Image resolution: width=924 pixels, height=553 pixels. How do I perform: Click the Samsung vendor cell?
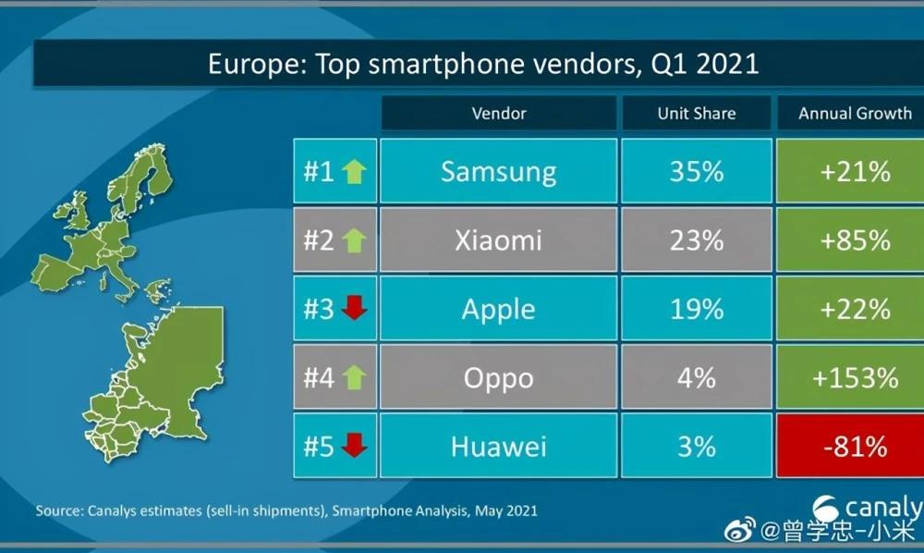(x=498, y=171)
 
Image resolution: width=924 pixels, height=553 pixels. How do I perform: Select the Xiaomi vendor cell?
(x=498, y=240)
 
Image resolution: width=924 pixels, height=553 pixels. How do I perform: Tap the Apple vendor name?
(x=498, y=309)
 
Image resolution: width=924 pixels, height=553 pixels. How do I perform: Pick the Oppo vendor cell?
(x=498, y=378)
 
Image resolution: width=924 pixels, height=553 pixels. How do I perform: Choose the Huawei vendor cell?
(x=498, y=447)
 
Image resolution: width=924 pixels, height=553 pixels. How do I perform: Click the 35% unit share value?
(x=696, y=171)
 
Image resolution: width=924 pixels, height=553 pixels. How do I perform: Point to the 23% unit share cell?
(x=696, y=240)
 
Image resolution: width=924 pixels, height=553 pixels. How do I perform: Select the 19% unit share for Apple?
(x=696, y=309)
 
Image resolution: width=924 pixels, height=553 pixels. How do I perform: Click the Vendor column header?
(x=498, y=114)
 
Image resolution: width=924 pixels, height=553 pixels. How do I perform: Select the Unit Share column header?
(x=696, y=114)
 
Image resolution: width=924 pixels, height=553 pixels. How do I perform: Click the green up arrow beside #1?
(x=353, y=171)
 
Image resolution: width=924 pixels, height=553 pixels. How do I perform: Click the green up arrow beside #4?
(x=353, y=378)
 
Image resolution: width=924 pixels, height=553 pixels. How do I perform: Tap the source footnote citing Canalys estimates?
(x=286, y=510)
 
